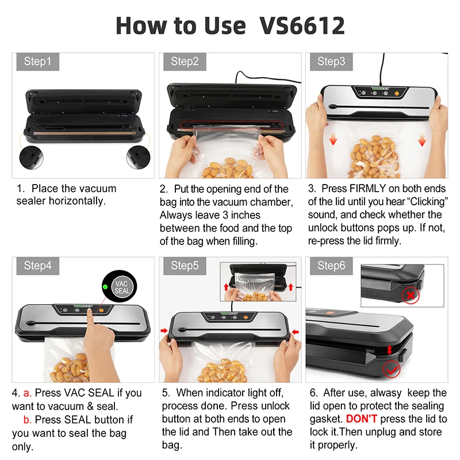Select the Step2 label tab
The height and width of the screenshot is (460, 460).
(185, 62)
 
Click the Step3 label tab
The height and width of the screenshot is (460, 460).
(331, 62)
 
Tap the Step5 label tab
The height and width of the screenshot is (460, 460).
(185, 266)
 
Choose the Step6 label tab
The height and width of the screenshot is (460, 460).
(331, 266)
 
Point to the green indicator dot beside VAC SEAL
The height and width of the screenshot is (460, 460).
(105, 287)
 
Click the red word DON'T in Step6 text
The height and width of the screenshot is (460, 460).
(361, 419)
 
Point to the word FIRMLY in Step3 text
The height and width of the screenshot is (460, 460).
(372, 189)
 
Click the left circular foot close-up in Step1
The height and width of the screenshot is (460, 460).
(29, 156)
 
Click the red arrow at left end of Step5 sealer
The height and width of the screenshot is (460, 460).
(164, 331)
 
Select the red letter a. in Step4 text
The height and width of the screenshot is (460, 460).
(26, 393)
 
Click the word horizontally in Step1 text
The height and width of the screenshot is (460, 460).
(78, 201)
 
